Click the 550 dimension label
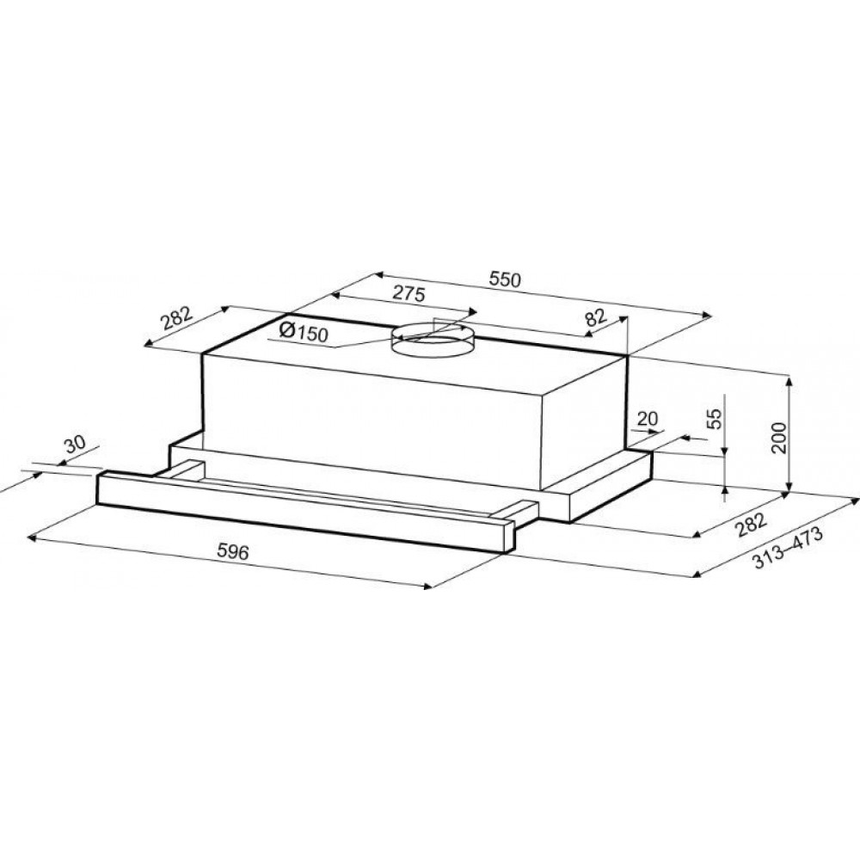(x=505, y=280)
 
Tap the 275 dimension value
(x=409, y=294)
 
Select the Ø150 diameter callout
(x=304, y=332)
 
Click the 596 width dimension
(x=233, y=551)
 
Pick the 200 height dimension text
(x=778, y=438)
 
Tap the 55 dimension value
(x=714, y=419)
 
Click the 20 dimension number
(x=648, y=419)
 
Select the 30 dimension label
(x=75, y=444)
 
